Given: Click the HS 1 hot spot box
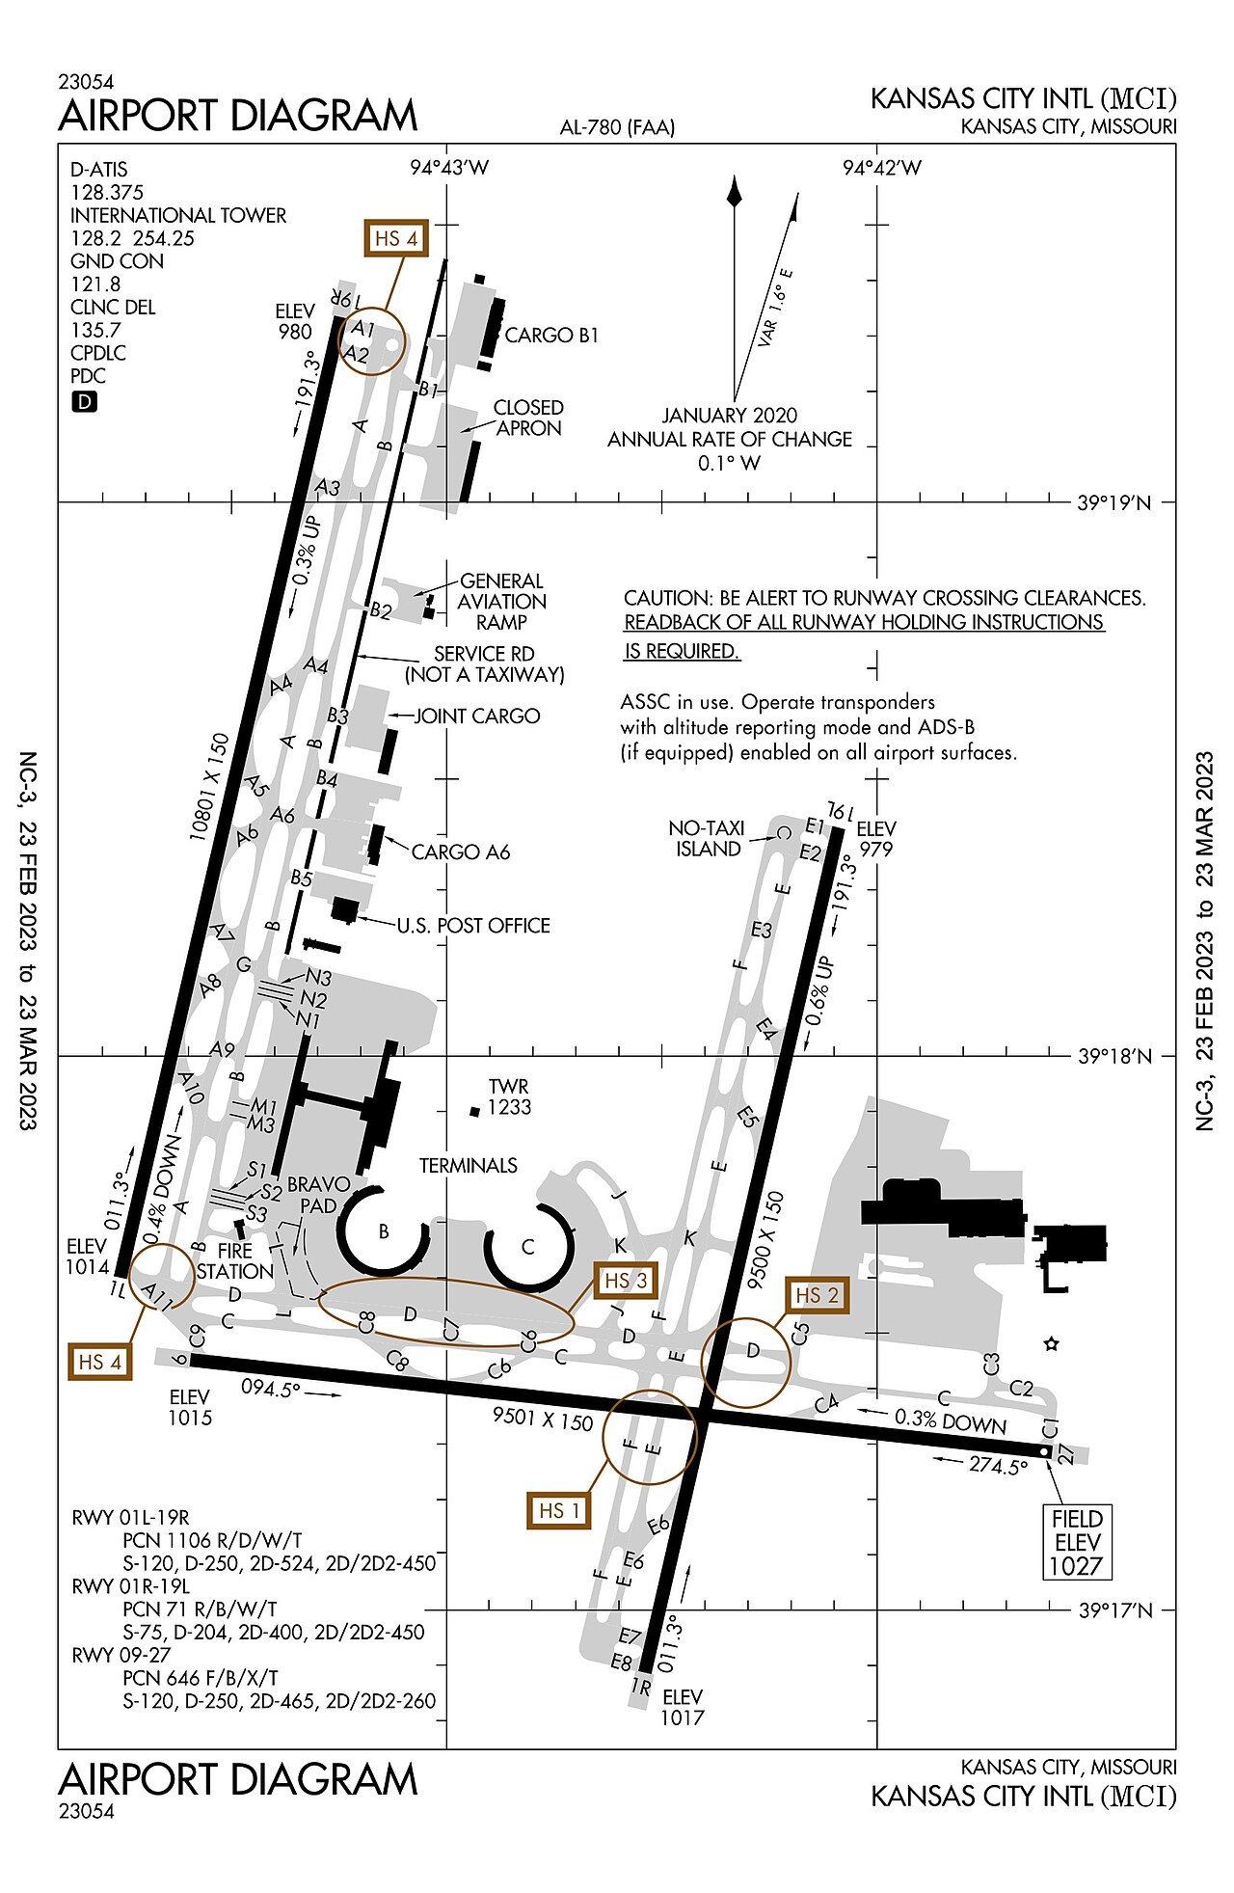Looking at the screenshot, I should (558, 1510).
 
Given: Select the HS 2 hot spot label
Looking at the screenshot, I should (817, 1295).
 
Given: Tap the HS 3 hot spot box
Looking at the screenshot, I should (626, 1281).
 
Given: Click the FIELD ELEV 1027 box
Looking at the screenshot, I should (1077, 1542).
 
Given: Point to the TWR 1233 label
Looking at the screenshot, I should (508, 1096).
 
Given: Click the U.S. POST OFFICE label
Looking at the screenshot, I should (473, 926).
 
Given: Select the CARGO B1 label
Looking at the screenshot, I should (551, 336).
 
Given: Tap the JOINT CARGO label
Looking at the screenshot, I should (477, 717).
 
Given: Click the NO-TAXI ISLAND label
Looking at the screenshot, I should (708, 838).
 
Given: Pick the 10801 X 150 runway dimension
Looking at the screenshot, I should (209, 787).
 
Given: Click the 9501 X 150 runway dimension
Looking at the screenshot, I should (542, 1419).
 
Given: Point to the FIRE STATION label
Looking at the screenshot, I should (235, 1260).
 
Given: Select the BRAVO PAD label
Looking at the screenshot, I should (318, 1194).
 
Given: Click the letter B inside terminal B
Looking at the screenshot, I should (384, 1231).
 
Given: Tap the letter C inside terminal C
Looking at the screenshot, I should (527, 1247).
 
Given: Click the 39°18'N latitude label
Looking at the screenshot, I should (1114, 1057).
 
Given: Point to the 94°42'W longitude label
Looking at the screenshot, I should (881, 168).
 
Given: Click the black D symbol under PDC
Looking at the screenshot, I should (85, 402).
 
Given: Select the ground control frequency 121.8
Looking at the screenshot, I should (95, 284).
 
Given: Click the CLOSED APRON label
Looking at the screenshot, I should (528, 418).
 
